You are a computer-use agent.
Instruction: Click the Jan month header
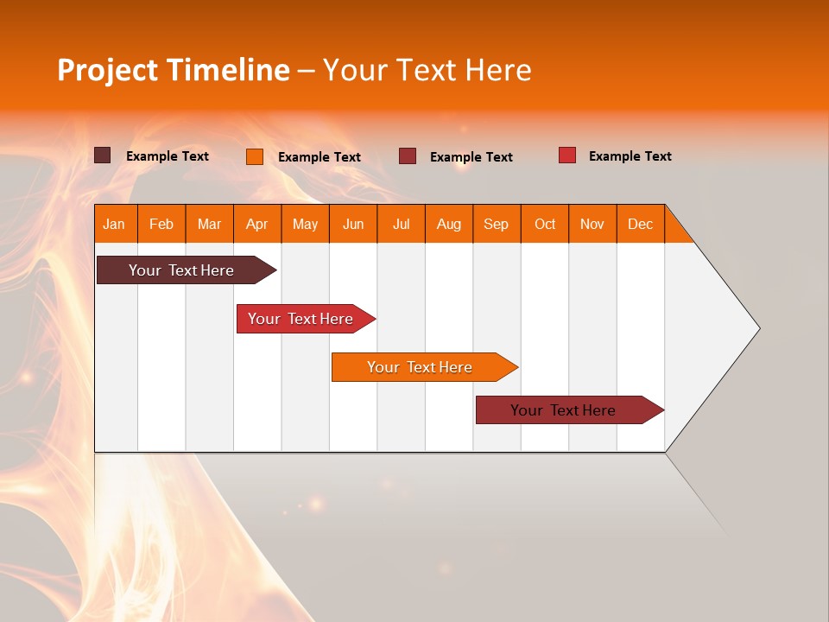(x=115, y=224)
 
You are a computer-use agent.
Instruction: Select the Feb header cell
(x=161, y=224)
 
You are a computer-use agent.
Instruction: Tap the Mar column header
(x=209, y=224)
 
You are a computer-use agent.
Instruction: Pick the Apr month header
(x=256, y=224)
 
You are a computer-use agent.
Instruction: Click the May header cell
(x=305, y=224)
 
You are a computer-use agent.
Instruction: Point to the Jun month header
(x=353, y=224)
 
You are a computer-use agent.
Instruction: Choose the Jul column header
(x=401, y=224)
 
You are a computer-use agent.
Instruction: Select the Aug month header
(x=448, y=224)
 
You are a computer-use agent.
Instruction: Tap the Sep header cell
(x=496, y=224)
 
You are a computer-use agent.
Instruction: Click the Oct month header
(x=545, y=224)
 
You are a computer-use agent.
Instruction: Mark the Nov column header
(x=592, y=224)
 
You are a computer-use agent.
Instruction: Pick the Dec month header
(x=640, y=224)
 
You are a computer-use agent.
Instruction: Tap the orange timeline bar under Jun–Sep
(x=421, y=367)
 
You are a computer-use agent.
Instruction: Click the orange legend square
(x=254, y=156)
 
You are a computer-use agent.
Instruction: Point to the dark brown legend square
(x=102, y=155)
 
